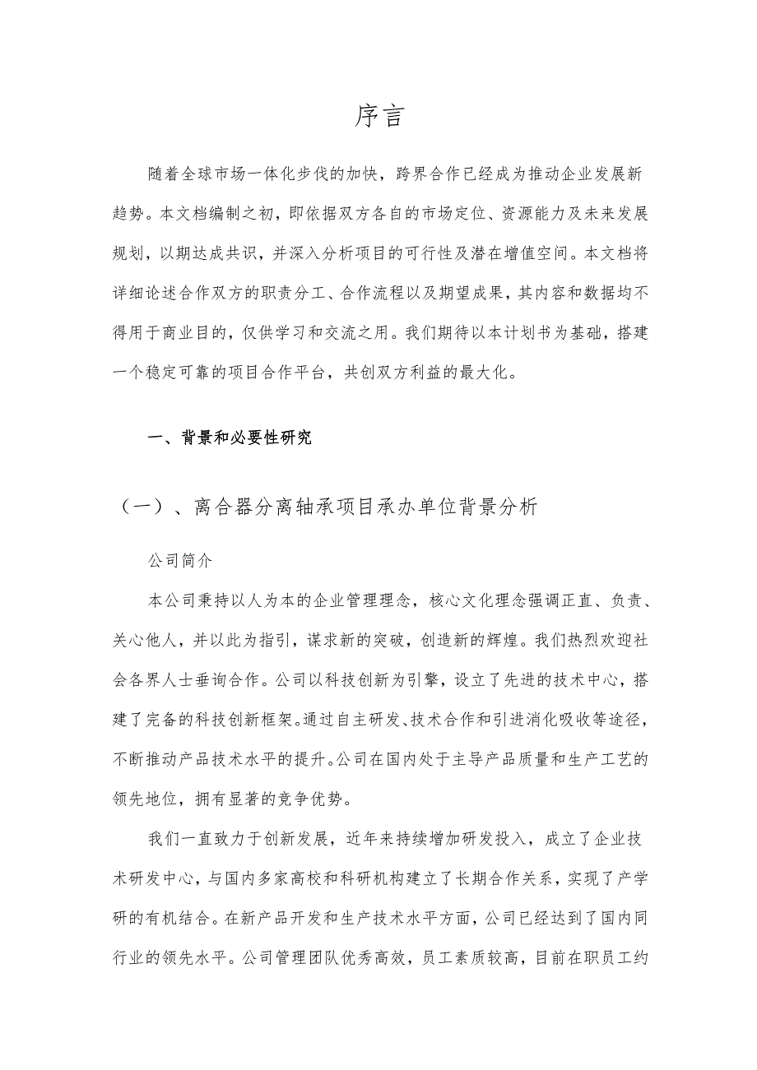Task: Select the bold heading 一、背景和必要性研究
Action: pos(230,438)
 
